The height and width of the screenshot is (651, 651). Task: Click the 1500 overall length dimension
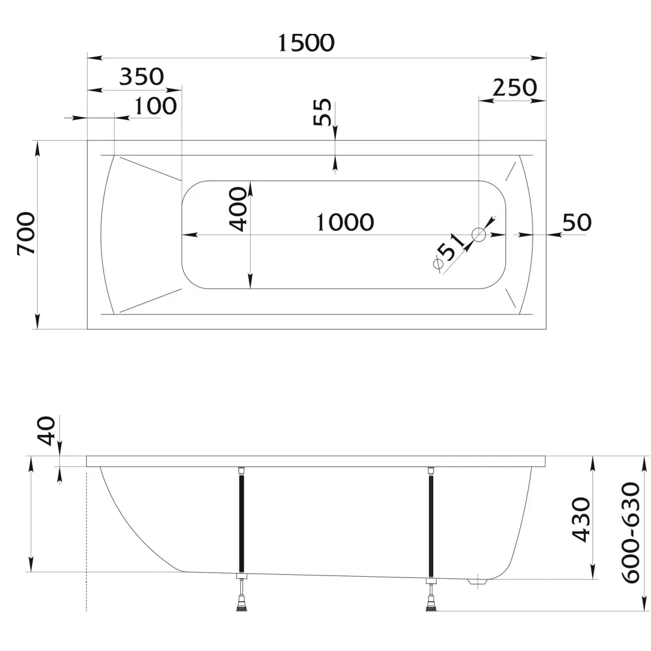[306, 43]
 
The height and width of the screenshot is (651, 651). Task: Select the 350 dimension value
[141, 76]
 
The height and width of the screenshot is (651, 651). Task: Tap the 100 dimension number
[156, 106]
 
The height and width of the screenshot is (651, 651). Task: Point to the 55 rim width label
[322, 112]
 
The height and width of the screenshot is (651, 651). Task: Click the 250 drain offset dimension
[515, 87]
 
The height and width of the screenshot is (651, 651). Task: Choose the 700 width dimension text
[26, 233]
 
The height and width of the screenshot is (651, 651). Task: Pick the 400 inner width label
[238, 209]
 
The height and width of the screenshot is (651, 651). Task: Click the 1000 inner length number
[345, 222]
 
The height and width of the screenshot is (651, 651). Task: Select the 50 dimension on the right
[577, 222]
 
